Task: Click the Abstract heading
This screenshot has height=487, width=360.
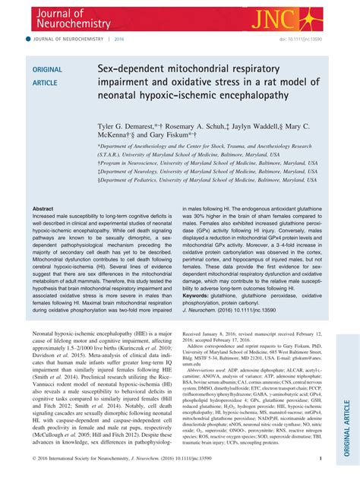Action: pyautogui.click(x=43, y=207)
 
